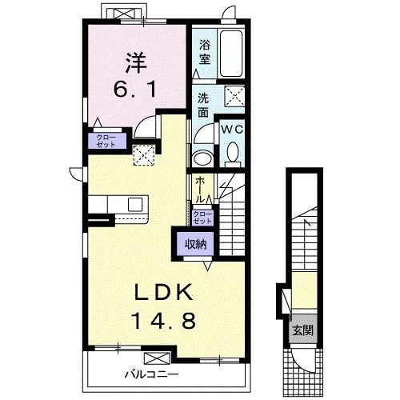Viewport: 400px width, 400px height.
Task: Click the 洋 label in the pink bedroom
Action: coord(136,63)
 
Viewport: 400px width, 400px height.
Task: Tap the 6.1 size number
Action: coord(135,89)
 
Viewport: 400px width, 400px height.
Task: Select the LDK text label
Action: coord(164,292)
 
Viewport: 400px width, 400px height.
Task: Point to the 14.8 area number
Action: coord(164,320)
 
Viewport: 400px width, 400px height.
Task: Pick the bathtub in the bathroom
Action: coord(231,54)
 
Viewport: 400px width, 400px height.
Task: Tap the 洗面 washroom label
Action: coord(203,106)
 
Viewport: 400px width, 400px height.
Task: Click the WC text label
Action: coord(232,130)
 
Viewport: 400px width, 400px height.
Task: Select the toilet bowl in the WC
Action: coord(233,154)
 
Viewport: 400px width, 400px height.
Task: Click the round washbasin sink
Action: coord(202,158)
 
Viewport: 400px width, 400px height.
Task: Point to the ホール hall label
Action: coord(200,190)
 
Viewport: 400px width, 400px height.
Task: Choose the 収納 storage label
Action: coord(196,243)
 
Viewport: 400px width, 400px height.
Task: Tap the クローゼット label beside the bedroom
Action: coord(106,141)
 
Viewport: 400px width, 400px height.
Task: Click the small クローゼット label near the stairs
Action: coord(202,218)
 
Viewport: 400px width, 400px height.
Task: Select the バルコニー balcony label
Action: coord(151,374)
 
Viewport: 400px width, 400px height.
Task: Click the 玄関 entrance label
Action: coord(302,330)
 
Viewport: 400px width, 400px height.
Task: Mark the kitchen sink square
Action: coord(135,205)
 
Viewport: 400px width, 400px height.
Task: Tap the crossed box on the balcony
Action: coord(157,358)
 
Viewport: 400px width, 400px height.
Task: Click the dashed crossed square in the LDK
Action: coord(144,155)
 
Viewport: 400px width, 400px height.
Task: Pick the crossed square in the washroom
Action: coord(234,96)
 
